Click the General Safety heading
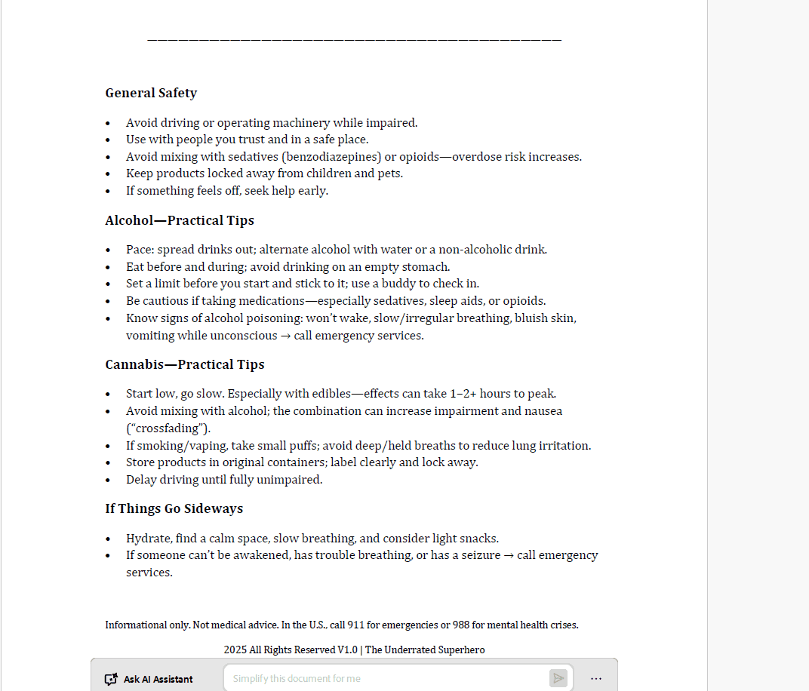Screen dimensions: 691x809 (151, 93)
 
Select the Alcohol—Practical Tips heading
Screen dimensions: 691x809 (180, 220)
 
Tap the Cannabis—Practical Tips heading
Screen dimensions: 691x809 (185, 364)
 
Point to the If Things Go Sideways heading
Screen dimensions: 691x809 (174, 508)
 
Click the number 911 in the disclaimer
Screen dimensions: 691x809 (355, 625)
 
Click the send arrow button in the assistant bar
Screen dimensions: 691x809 (558, 678)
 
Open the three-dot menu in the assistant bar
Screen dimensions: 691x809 (596, 678)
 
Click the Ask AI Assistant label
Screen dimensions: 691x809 (158, 679)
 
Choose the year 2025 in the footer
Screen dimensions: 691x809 (235, 650)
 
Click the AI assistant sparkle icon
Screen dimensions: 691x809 (111, 679)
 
